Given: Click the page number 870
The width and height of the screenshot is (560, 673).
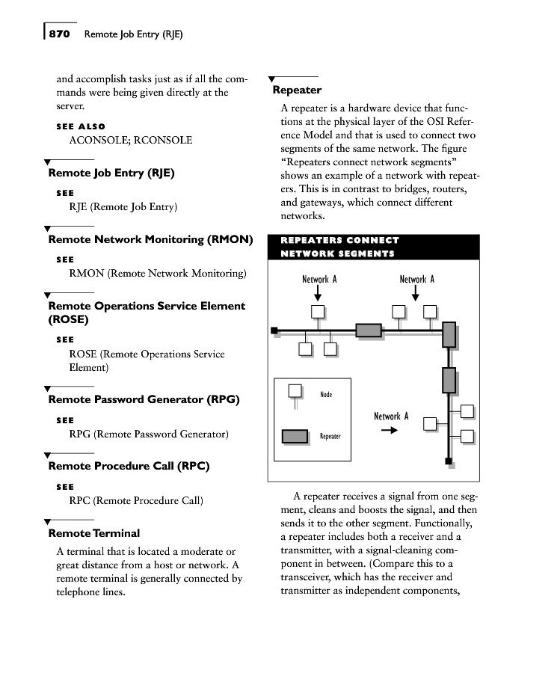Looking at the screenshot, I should [x=59, y=34].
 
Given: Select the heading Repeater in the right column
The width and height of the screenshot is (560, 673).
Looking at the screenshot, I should [x=297, y=90].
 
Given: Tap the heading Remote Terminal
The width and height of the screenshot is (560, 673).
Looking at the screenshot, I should [x=93, y=533].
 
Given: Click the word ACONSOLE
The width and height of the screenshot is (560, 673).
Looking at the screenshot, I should [x=98, y=140].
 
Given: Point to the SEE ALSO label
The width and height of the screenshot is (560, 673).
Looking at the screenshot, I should [x=81, y=126].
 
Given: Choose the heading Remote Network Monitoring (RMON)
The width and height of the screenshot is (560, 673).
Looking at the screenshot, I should [x=150, y=239].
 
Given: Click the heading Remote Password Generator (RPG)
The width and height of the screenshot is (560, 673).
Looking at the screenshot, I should [x=144, y=399].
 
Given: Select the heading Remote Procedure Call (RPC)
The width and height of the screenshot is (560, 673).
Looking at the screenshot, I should [x=129, y=466].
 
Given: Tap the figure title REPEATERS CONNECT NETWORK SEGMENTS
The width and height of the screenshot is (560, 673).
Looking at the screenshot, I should [x=339, y=247].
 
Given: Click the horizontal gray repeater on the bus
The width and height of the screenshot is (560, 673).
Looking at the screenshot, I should [x=368, y=330].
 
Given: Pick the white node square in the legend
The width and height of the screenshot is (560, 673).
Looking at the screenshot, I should [x=295, y=390].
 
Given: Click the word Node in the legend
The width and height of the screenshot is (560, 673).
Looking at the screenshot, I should [x=326, y=394].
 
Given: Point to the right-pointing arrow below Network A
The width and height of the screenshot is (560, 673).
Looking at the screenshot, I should [x=389, y=431].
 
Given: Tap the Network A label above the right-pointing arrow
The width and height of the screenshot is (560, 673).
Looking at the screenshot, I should [x=391, y=417].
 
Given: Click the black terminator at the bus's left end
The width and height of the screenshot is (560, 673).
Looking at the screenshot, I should [x=274, y=330].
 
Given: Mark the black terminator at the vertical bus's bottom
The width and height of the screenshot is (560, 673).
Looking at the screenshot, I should [x=449, y=461].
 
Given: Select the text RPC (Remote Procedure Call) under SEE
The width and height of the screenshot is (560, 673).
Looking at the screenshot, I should [x=135, y=500].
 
